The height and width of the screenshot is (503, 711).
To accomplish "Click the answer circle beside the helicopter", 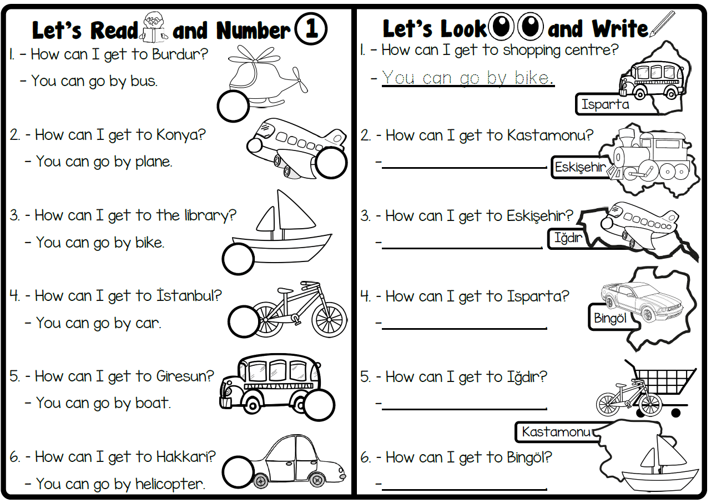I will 233,106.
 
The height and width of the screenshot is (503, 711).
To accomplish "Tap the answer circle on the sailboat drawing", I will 239,259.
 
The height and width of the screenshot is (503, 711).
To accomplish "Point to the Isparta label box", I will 604,104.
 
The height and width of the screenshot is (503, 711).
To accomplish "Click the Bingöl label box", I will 610,318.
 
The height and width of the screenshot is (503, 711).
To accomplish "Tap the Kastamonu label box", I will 557,431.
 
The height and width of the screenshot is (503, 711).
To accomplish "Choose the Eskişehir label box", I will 579,167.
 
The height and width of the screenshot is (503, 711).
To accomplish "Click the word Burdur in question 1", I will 179,54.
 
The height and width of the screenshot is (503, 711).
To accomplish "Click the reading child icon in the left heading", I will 154,28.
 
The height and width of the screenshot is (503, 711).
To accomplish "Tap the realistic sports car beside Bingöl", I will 627,300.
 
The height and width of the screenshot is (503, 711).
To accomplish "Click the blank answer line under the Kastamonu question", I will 464,166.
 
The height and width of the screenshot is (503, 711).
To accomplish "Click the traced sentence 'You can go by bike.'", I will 467,78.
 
